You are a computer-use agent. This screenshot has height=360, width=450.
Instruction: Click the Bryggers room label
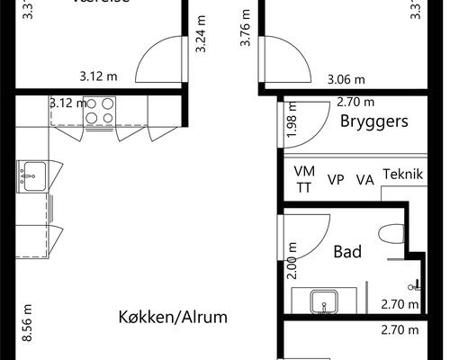point(374,121)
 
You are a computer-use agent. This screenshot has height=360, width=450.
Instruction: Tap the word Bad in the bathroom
point(347,251)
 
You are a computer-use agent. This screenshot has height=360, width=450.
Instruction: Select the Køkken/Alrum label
point(172,318)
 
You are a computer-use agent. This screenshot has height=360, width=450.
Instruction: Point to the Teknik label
point(402,174)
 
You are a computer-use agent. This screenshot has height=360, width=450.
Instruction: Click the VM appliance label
point(304,171)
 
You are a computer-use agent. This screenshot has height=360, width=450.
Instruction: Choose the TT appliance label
point(304,187)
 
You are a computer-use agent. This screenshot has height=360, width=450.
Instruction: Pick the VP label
point(336,179)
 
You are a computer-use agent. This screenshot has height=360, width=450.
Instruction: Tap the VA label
point(364,179)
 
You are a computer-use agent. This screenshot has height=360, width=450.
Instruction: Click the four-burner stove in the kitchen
point(99,111)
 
